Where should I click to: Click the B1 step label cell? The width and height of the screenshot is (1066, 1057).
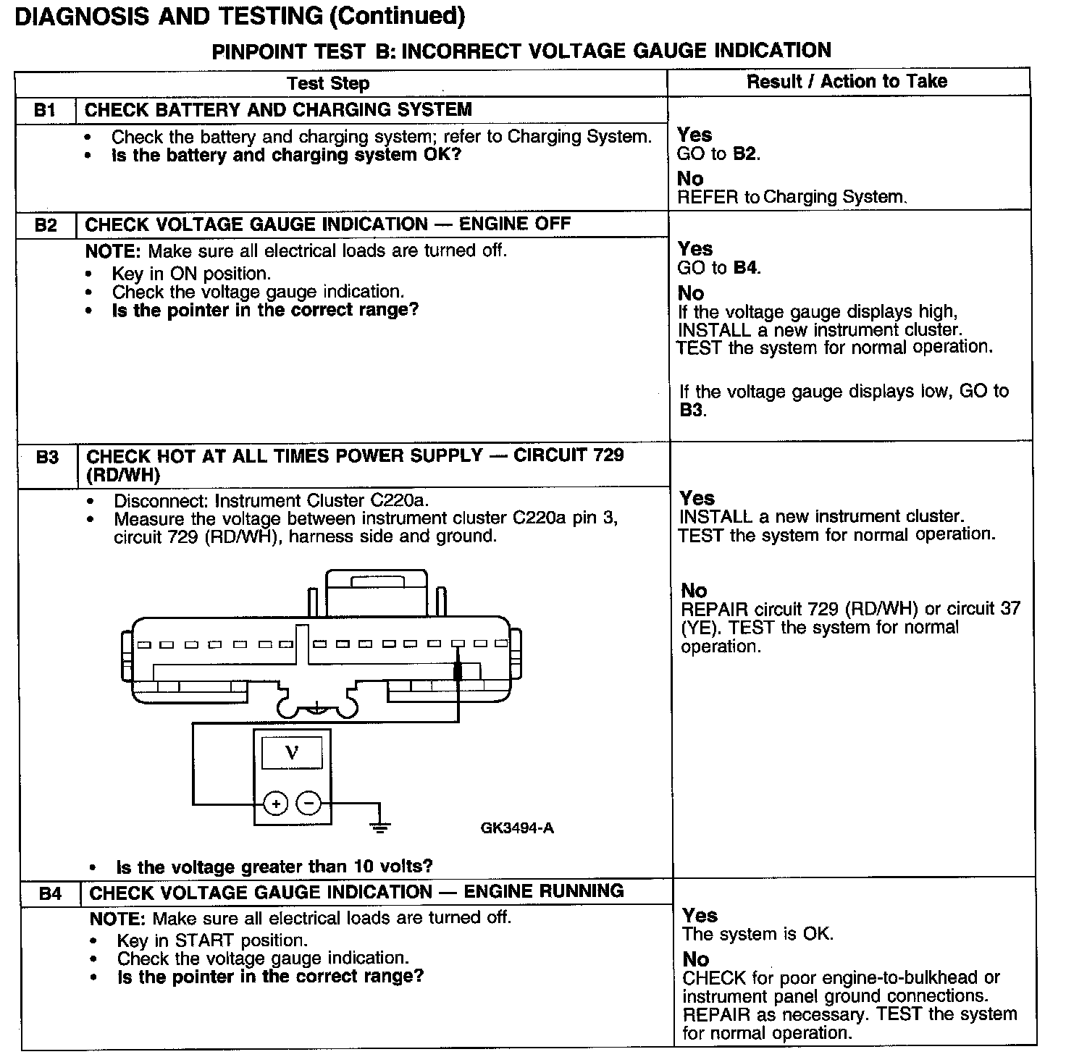click(x=45, y=110)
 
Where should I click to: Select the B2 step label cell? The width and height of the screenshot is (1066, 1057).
click(x=46, y=224)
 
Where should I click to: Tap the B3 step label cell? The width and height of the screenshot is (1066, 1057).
click(x=47, y=457)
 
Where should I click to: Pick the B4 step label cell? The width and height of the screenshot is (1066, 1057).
click(x=50, y=893)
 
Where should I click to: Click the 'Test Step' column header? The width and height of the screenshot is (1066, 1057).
click(x=328, y=83)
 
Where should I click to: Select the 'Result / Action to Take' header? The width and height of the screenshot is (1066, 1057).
click(x=847, y=81)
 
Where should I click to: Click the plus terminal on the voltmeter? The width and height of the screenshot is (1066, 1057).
click(x=275, y=803)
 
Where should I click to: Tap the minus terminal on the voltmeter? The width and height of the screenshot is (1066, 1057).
click(x=309, y=803)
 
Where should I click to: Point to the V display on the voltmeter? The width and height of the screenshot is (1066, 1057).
click(x=291, y=752)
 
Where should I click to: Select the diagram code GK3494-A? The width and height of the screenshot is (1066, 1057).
click(x=517, y=828)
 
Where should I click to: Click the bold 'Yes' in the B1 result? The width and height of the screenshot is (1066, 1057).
click(x=694, y=135)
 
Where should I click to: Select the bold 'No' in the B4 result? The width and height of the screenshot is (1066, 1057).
click(x=696, y=959)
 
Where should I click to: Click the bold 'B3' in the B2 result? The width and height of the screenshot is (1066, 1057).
click(x=692, y=410)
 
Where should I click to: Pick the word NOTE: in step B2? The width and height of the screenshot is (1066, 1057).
click(x=114, y=251)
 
